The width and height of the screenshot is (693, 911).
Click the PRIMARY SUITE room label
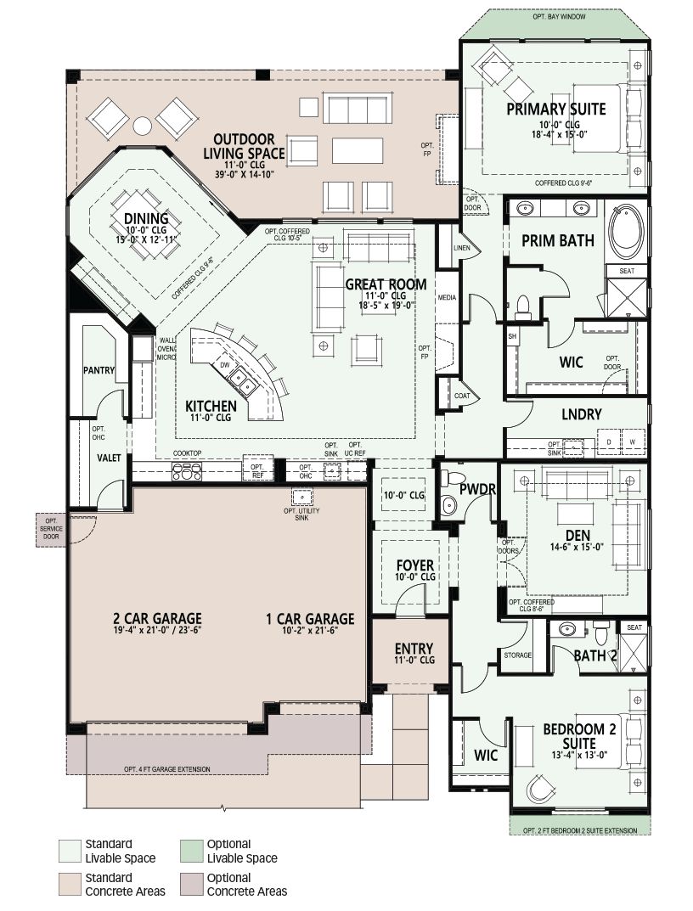tap(555, 110)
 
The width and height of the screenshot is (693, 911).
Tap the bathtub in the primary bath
tap(626, 231)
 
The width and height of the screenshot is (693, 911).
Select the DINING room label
tap(146, 218)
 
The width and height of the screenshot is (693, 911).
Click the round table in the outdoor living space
tap(142, 126)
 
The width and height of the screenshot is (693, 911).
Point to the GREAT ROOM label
tap(386, 284)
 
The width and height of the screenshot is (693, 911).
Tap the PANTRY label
tap(99, 370)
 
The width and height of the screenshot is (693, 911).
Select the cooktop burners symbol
tap(187, 471)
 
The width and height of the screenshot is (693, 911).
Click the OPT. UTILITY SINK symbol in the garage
tap(301, 497)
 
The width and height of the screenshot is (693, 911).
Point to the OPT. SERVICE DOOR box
tap(51, 529)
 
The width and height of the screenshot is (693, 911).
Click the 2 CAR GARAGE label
tap(158, 619)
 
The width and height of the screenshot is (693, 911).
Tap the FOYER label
tap(415, 565)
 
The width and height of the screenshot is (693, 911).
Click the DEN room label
tap(577, 536)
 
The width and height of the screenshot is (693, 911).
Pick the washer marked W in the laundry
tap(633, 441)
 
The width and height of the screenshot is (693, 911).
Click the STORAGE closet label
tap(517, 655)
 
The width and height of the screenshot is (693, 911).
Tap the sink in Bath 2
tap(566, 629)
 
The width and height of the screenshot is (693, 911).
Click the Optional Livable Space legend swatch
tap(191, 851)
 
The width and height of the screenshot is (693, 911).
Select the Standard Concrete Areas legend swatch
tap(70, 885)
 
